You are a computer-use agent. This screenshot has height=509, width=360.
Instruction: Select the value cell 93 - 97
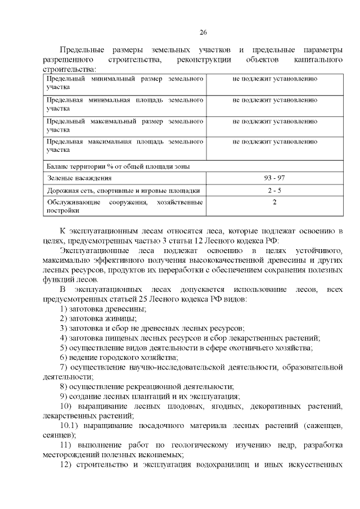[274, 178]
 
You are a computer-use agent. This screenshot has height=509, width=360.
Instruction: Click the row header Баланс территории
[118, 166]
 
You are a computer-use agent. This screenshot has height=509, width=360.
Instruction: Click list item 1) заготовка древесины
[103, 309]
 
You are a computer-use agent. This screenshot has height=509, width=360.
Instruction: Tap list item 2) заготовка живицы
[98, 318]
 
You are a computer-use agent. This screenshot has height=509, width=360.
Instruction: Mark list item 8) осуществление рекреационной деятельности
[147, 386]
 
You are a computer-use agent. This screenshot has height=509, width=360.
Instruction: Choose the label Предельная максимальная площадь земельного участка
[124, 146]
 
